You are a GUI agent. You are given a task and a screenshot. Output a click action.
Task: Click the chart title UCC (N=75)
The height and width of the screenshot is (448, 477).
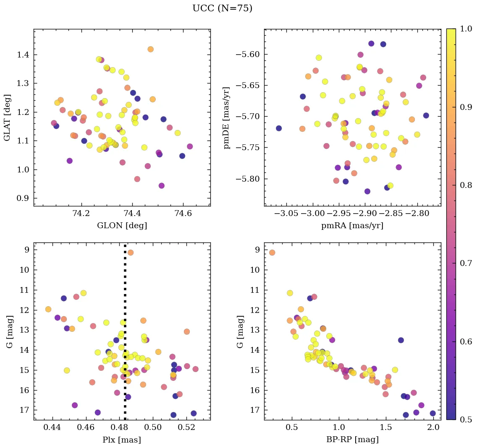(x=222, y=8)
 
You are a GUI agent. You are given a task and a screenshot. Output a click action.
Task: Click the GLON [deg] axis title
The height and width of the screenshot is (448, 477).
(x=122, y=226)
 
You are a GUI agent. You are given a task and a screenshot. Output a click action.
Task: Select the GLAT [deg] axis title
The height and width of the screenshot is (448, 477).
(x=7, y=117)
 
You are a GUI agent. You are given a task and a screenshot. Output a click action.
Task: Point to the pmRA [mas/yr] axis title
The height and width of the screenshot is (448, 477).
(x=352, y=226)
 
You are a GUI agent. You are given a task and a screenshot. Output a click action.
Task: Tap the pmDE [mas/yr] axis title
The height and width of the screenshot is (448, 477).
(x=227, y=117)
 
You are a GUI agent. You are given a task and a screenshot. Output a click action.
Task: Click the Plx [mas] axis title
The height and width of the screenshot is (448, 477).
(x=122, y=440)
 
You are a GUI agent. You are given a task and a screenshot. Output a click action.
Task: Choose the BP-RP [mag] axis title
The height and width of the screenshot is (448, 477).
(x=352, y=440)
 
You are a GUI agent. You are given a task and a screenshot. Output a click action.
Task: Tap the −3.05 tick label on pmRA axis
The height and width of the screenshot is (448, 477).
(x=287, y=214)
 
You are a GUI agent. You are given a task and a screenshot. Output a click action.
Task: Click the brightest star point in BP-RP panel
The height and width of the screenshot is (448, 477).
(x=272, y=253)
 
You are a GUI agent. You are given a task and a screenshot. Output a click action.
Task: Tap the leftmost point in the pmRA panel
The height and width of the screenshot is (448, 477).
(x=279, y=128)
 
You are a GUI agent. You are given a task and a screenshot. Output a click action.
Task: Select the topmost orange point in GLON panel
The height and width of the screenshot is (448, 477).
(x=150, y=49)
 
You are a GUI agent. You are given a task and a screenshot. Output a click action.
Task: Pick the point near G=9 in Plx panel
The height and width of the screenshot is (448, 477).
(x=131, y=253)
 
